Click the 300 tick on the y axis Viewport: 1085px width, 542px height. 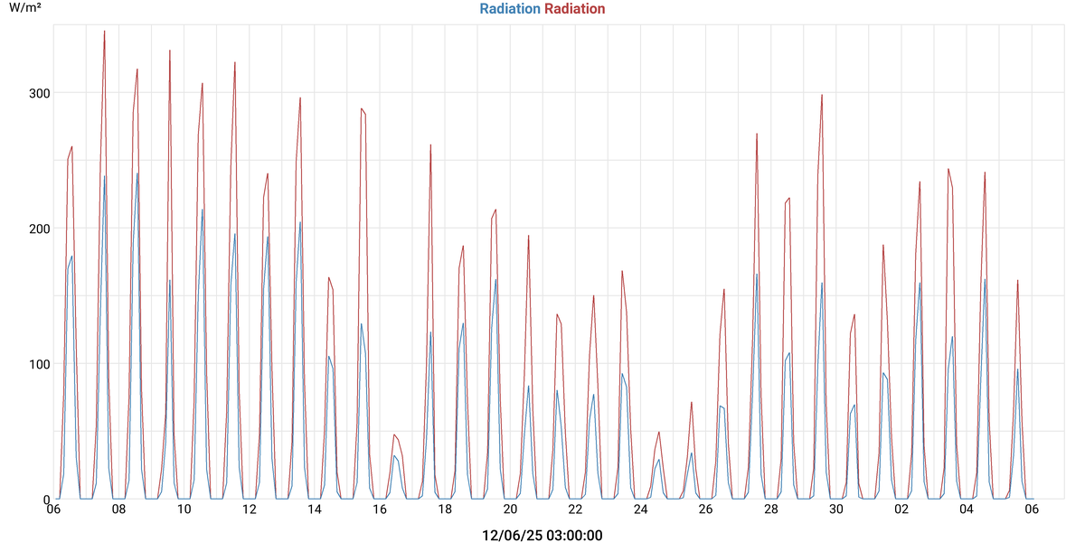pos(39,93)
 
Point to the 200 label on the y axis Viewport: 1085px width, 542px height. pos(39,229)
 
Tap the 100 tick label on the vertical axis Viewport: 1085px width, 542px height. pos(39,364)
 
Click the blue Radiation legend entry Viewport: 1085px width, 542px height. pos(509,9)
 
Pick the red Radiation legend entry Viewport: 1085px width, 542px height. pos(575,9)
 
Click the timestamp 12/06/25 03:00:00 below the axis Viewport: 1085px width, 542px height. pos(542,536)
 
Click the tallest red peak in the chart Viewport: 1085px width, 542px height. pos(105,32)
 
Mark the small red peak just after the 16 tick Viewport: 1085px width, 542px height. pos(394,435)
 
